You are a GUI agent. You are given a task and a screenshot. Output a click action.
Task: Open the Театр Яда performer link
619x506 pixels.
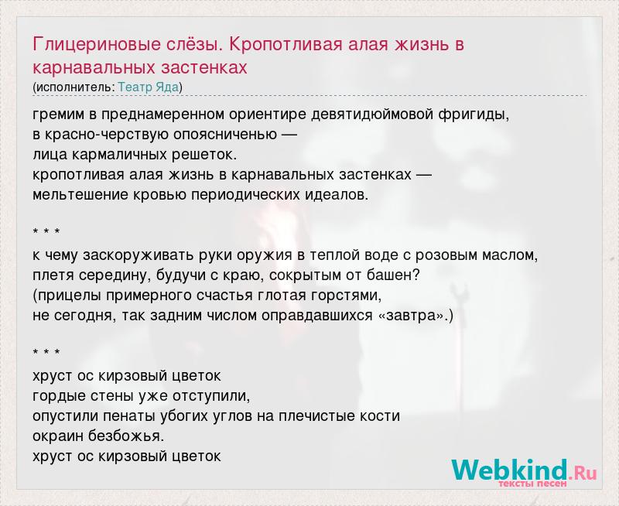149,87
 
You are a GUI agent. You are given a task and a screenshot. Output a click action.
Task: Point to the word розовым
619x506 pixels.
446,256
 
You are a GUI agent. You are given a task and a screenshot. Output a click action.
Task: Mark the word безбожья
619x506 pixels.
126,436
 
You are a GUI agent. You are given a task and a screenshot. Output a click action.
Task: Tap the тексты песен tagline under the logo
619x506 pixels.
532,483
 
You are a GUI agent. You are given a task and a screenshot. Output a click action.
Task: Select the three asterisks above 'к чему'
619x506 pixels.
46,231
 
